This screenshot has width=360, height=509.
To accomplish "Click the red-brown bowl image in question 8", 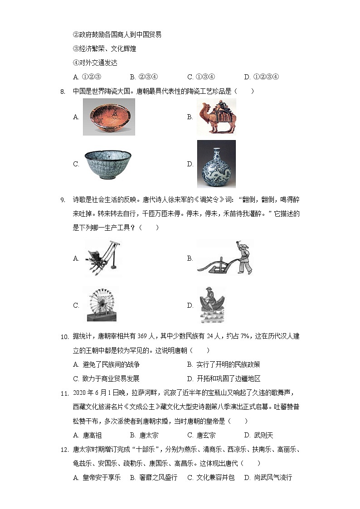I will tap(109, 116).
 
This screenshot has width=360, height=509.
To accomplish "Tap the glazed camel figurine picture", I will tap(216, 116).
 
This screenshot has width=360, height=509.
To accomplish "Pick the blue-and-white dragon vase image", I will tap(216, 164).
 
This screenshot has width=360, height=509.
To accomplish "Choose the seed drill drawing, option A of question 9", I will tap(103, 258).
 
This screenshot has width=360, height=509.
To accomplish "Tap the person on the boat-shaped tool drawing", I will tap(212, 305).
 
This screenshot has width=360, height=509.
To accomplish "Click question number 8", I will tap(63, 92).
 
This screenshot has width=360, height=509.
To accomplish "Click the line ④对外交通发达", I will tap(95, 63).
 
